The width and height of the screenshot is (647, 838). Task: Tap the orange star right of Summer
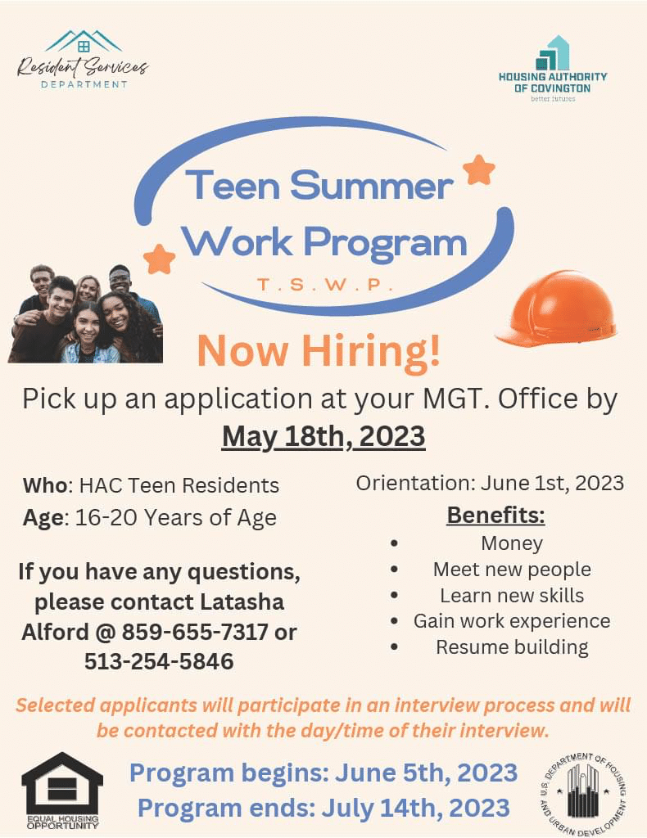coord(479,169)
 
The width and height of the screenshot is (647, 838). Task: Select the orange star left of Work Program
coord(160,259)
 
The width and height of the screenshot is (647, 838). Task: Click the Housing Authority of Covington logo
coord(553,70)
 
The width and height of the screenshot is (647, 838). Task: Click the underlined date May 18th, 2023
coord(323,436)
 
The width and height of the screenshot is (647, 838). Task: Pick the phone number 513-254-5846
coord(159,661)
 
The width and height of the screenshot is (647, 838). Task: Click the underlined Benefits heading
coord(495,516)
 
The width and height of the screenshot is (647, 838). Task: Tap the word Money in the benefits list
coord(512,543)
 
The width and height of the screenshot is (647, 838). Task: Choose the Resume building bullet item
coord(512,647)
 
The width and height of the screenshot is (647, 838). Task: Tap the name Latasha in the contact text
coord(242,601)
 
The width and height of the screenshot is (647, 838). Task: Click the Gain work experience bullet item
coord(512,620)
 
